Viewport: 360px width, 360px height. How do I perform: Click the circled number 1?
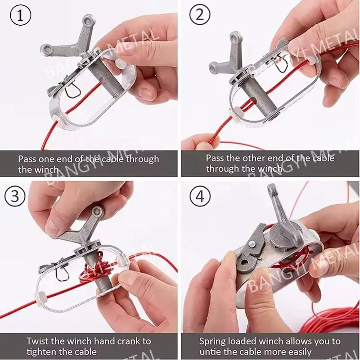20,15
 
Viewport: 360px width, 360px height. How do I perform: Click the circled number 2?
200,14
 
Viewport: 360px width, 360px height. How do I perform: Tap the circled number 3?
15,196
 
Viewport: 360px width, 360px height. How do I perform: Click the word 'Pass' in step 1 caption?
27,159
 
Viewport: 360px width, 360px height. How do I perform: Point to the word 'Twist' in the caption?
37,341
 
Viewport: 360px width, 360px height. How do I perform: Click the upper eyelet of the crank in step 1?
88,21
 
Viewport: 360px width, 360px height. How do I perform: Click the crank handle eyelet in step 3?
97,211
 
